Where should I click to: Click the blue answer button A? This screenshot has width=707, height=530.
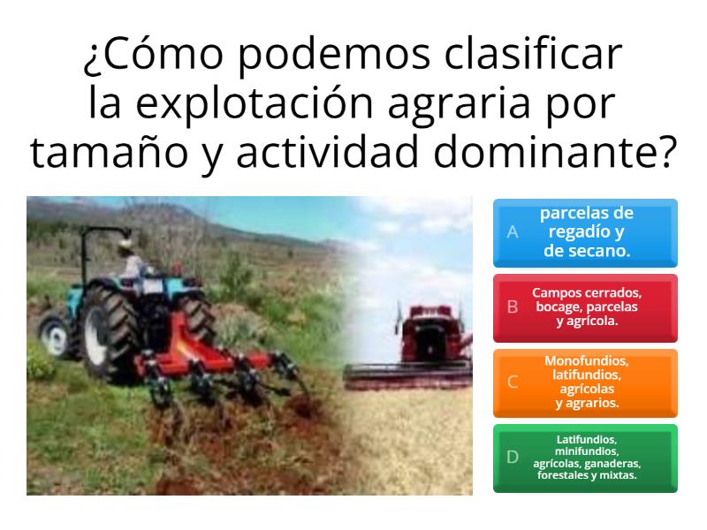point(585,233)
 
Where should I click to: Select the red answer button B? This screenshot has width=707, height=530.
point(585,307)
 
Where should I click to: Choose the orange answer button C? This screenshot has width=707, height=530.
point(585,382)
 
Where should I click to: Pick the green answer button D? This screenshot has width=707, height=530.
point(585,458)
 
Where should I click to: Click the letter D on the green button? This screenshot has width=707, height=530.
point(513,458)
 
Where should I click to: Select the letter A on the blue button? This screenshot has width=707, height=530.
point(513,233)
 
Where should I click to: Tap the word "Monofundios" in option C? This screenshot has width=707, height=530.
point(586,360)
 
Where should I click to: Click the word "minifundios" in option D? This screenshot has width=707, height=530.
point(586,450)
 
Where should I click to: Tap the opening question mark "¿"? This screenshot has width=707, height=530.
point(91,59)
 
